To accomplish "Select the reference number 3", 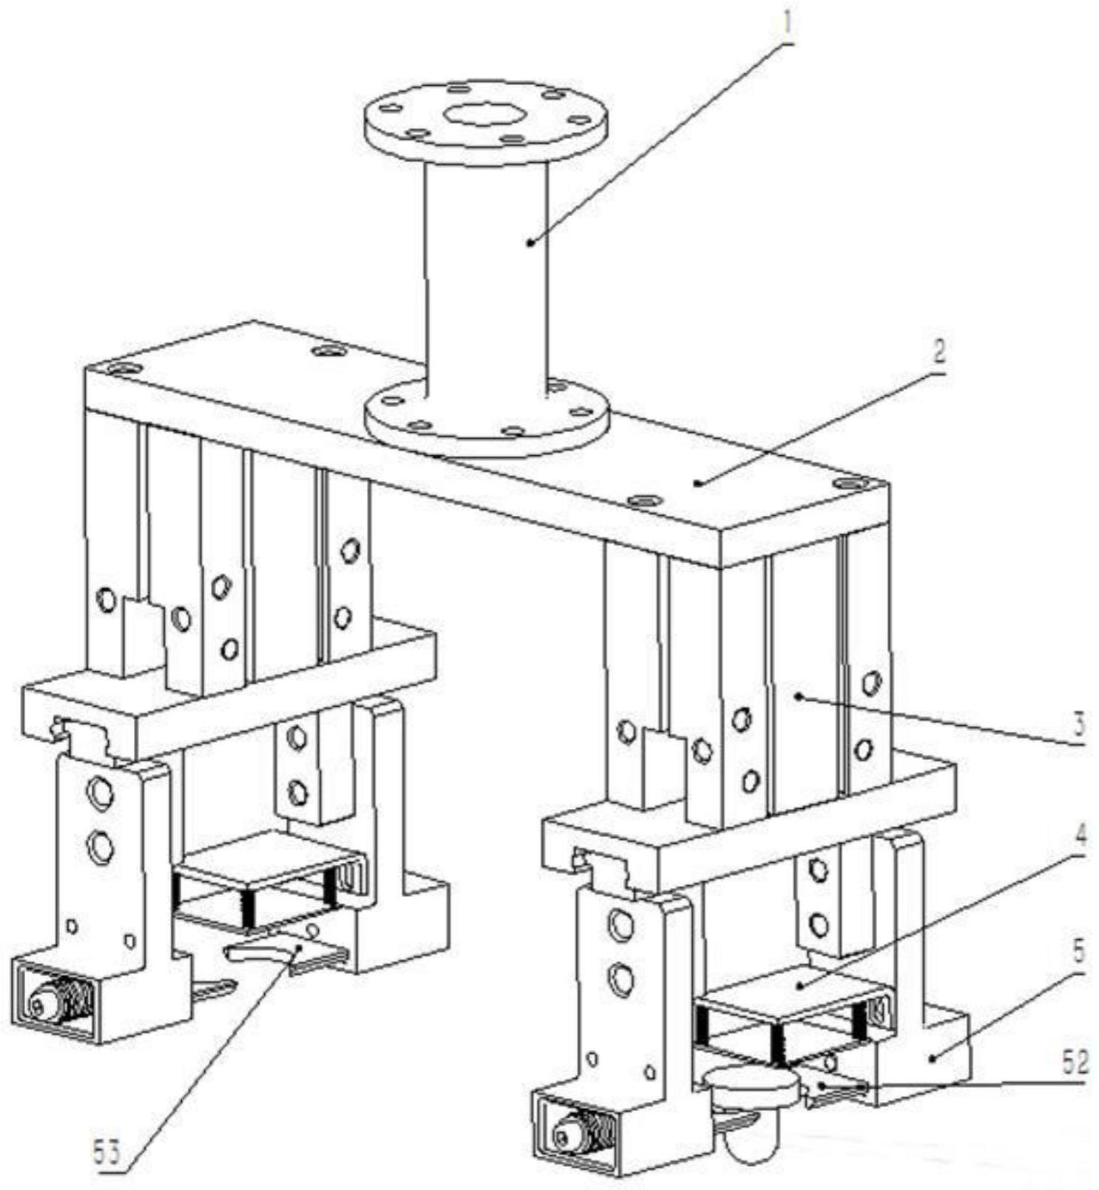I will [x=1080, y=724].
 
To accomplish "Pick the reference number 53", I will [x=108, y=1152].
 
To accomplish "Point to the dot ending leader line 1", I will [x=530, y=242].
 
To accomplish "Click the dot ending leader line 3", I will [x=799, y=696].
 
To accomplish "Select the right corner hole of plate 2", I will [x=849, y=484].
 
